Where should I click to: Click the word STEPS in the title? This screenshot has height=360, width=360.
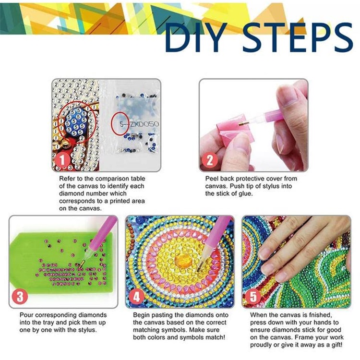(x=297, y=37)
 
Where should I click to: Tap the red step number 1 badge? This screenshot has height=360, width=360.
(x=62, y=159)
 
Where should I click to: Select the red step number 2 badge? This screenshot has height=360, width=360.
(x=210, y=160)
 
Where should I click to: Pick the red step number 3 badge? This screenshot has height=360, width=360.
(x=20, y=296)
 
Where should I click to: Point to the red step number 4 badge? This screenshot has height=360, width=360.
(x=137, y=296)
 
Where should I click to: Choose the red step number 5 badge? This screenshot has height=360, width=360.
(x=253, y=296)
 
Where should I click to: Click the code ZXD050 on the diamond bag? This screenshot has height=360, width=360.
(x=144, y=124)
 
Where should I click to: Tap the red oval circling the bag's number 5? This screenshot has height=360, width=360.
(x=120, y=123)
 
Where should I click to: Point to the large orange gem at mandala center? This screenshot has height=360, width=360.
(x=183, y=261)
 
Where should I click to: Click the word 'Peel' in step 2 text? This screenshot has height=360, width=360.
(x=212, y=179)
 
